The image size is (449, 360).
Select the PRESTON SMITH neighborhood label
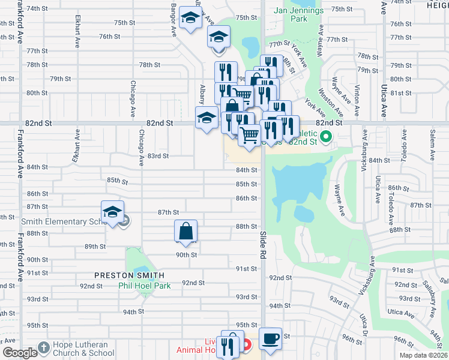click(x=129, y=275)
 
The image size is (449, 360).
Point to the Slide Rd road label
click(x=263, y=244)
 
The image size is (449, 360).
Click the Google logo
click(x=19, y=353)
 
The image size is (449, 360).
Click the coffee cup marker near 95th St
click(x=270, y=338)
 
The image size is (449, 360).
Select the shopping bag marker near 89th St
click(x=186, y=231)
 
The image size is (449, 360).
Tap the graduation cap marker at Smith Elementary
click(x=112, y=212)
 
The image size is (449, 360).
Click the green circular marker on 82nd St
click(x=326, y=137)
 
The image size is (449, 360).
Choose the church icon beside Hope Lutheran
click(x=43, y=347)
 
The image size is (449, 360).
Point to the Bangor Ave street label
click(x=173, y=18)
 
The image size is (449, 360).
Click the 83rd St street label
click(x=158, y=156)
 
